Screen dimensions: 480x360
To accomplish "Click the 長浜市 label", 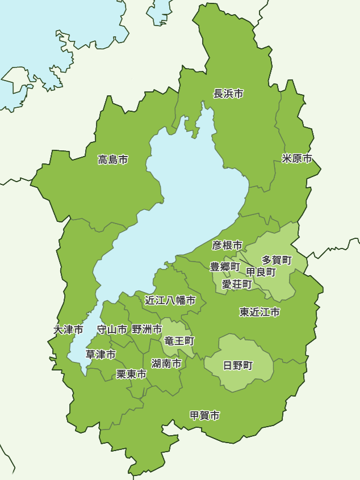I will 228,94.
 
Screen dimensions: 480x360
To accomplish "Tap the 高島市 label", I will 112,160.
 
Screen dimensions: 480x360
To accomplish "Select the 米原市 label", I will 297,158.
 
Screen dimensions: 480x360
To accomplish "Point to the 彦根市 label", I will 227,245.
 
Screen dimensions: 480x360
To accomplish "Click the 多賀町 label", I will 277,260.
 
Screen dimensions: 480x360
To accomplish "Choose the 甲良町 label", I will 261,272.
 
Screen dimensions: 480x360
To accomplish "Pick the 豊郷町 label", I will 225,267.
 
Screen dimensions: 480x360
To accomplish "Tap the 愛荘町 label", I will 236,284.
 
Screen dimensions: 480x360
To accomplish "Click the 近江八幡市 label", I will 170,300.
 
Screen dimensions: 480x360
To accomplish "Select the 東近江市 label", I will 259,312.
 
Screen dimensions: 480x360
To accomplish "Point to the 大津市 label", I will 68,330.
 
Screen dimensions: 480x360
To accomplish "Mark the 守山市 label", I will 112,330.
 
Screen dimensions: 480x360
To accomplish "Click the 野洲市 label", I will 147,330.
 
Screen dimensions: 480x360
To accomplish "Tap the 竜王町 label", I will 179,341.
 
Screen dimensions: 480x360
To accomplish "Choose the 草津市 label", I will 101,355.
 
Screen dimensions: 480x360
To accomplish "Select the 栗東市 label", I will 131,374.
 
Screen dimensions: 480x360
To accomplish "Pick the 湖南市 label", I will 166,363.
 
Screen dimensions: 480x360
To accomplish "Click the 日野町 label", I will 238,366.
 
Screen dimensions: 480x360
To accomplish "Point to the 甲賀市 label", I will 204,416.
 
